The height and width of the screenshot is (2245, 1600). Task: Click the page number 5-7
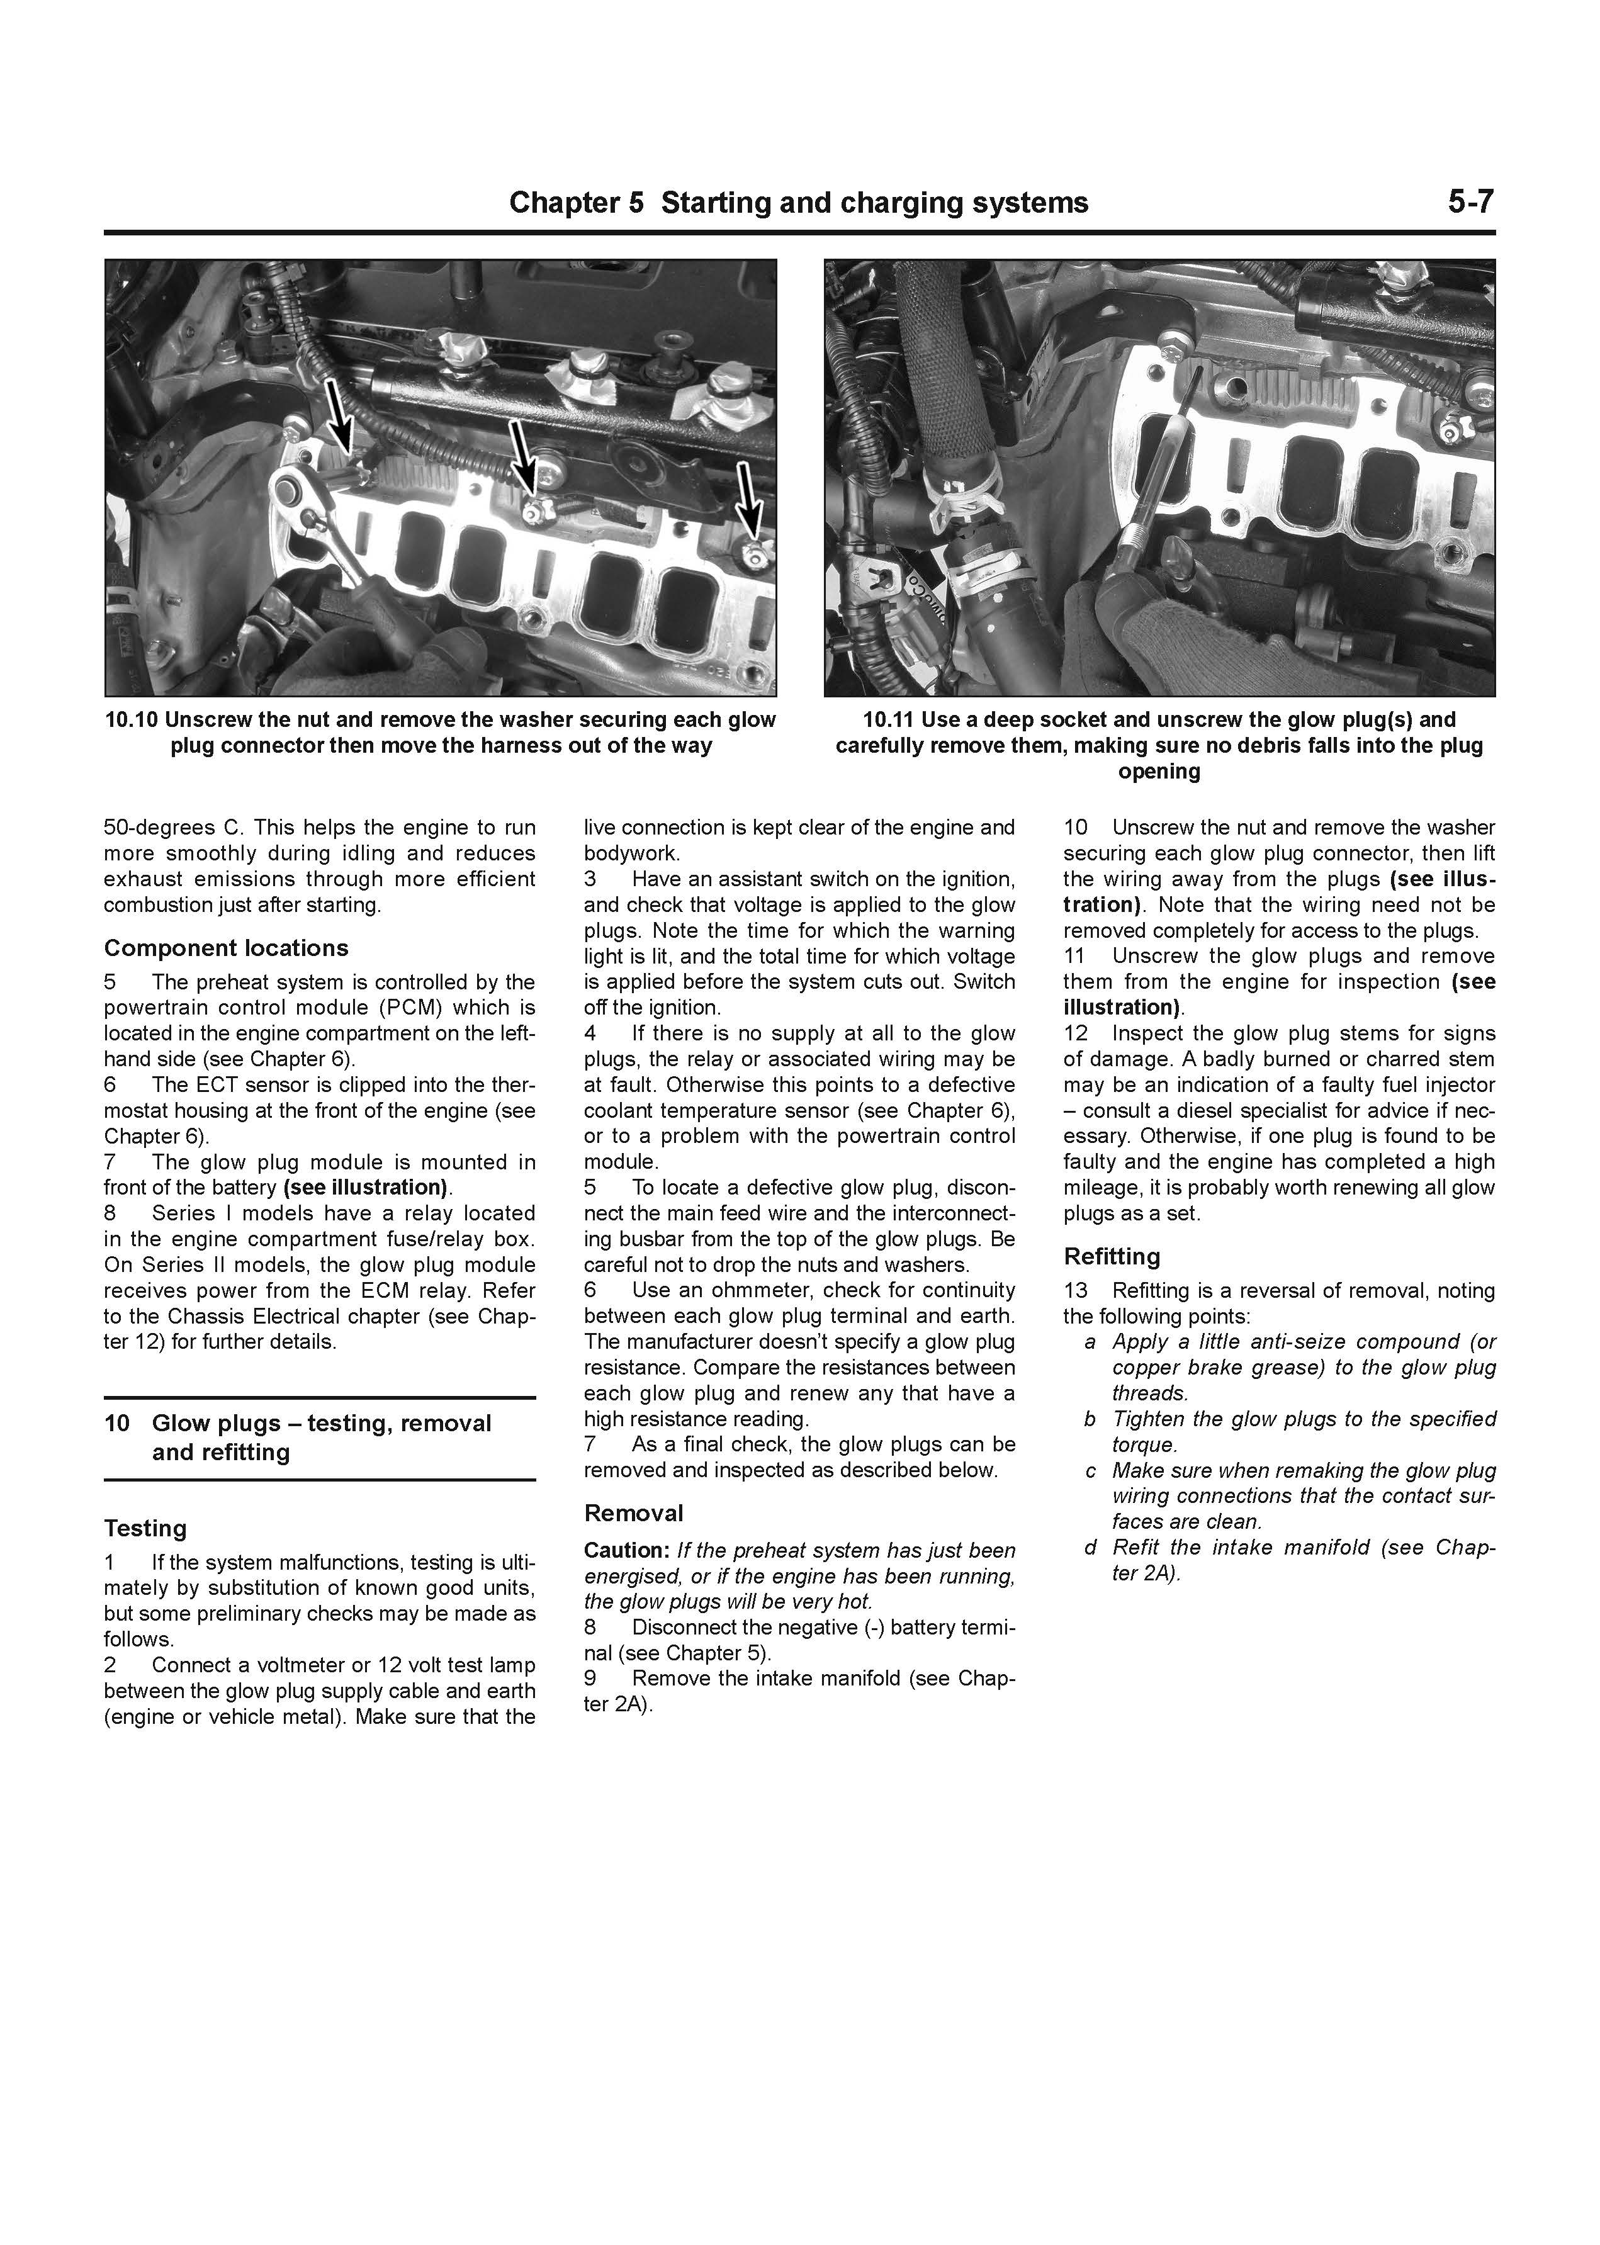pos(1470,202)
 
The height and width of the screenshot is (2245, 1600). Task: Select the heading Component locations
pos(225,948)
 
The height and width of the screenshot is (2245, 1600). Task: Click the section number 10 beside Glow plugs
pos(116,1424)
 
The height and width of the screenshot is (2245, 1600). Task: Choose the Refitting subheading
pos(1112,1256)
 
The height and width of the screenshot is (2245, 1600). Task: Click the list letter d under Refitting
pos(1090,1548)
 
